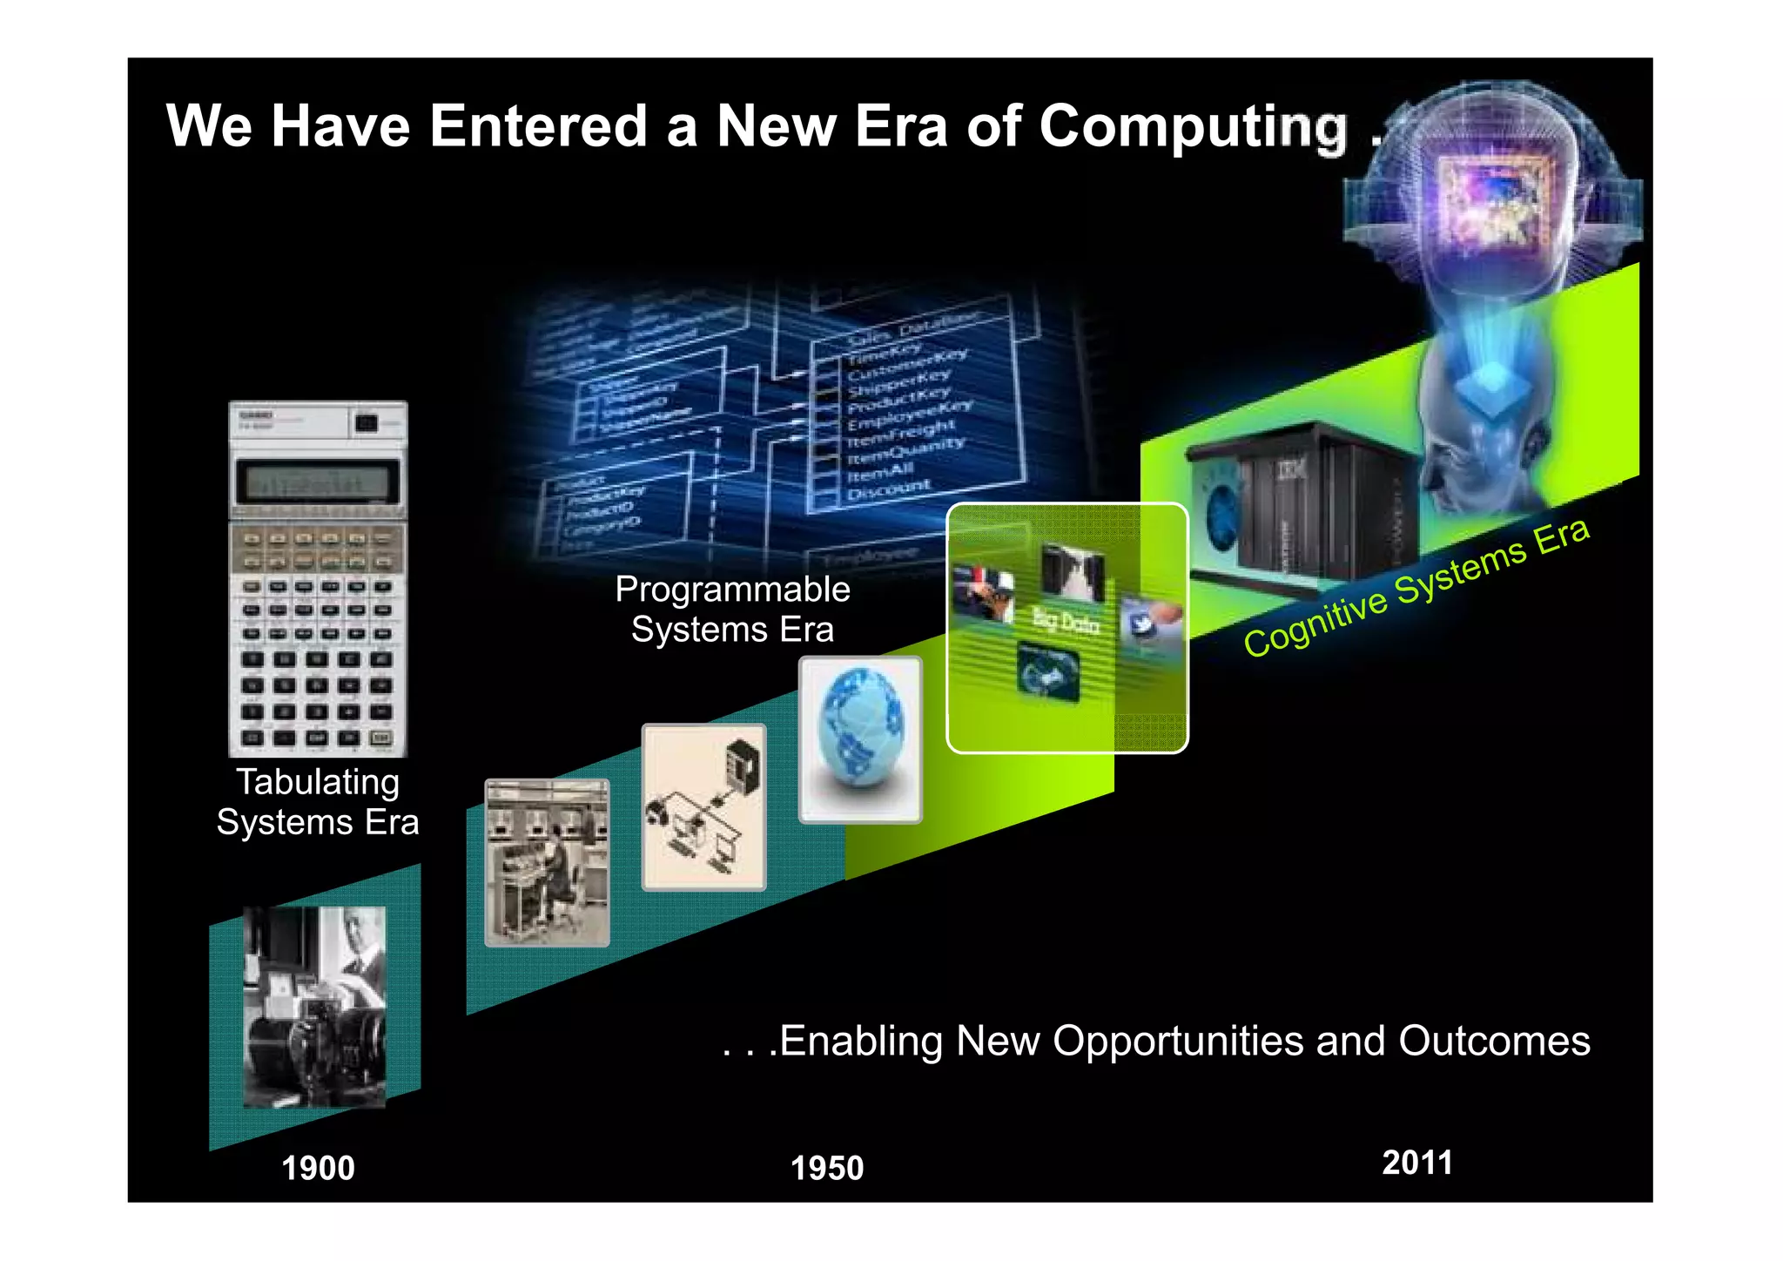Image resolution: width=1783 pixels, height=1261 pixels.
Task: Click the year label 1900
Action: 318,1168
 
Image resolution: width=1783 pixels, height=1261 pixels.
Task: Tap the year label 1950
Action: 826,1168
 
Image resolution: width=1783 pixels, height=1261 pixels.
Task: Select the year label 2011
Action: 1417,1163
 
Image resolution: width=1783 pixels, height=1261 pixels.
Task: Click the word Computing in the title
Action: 1193,127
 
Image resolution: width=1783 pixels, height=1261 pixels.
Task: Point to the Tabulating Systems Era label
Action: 318,802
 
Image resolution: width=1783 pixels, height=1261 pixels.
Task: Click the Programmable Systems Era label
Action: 732,610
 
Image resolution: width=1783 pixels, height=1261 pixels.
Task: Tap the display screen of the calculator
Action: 318,482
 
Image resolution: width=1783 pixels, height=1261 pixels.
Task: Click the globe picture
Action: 860,738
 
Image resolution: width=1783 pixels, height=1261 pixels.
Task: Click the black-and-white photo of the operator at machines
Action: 547,863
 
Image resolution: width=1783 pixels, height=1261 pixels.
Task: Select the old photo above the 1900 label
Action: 314,1007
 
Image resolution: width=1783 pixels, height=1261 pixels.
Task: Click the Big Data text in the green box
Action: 1066,622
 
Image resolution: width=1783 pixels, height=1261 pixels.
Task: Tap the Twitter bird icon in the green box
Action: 1142,624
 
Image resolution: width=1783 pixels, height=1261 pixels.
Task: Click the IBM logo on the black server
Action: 1291,471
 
